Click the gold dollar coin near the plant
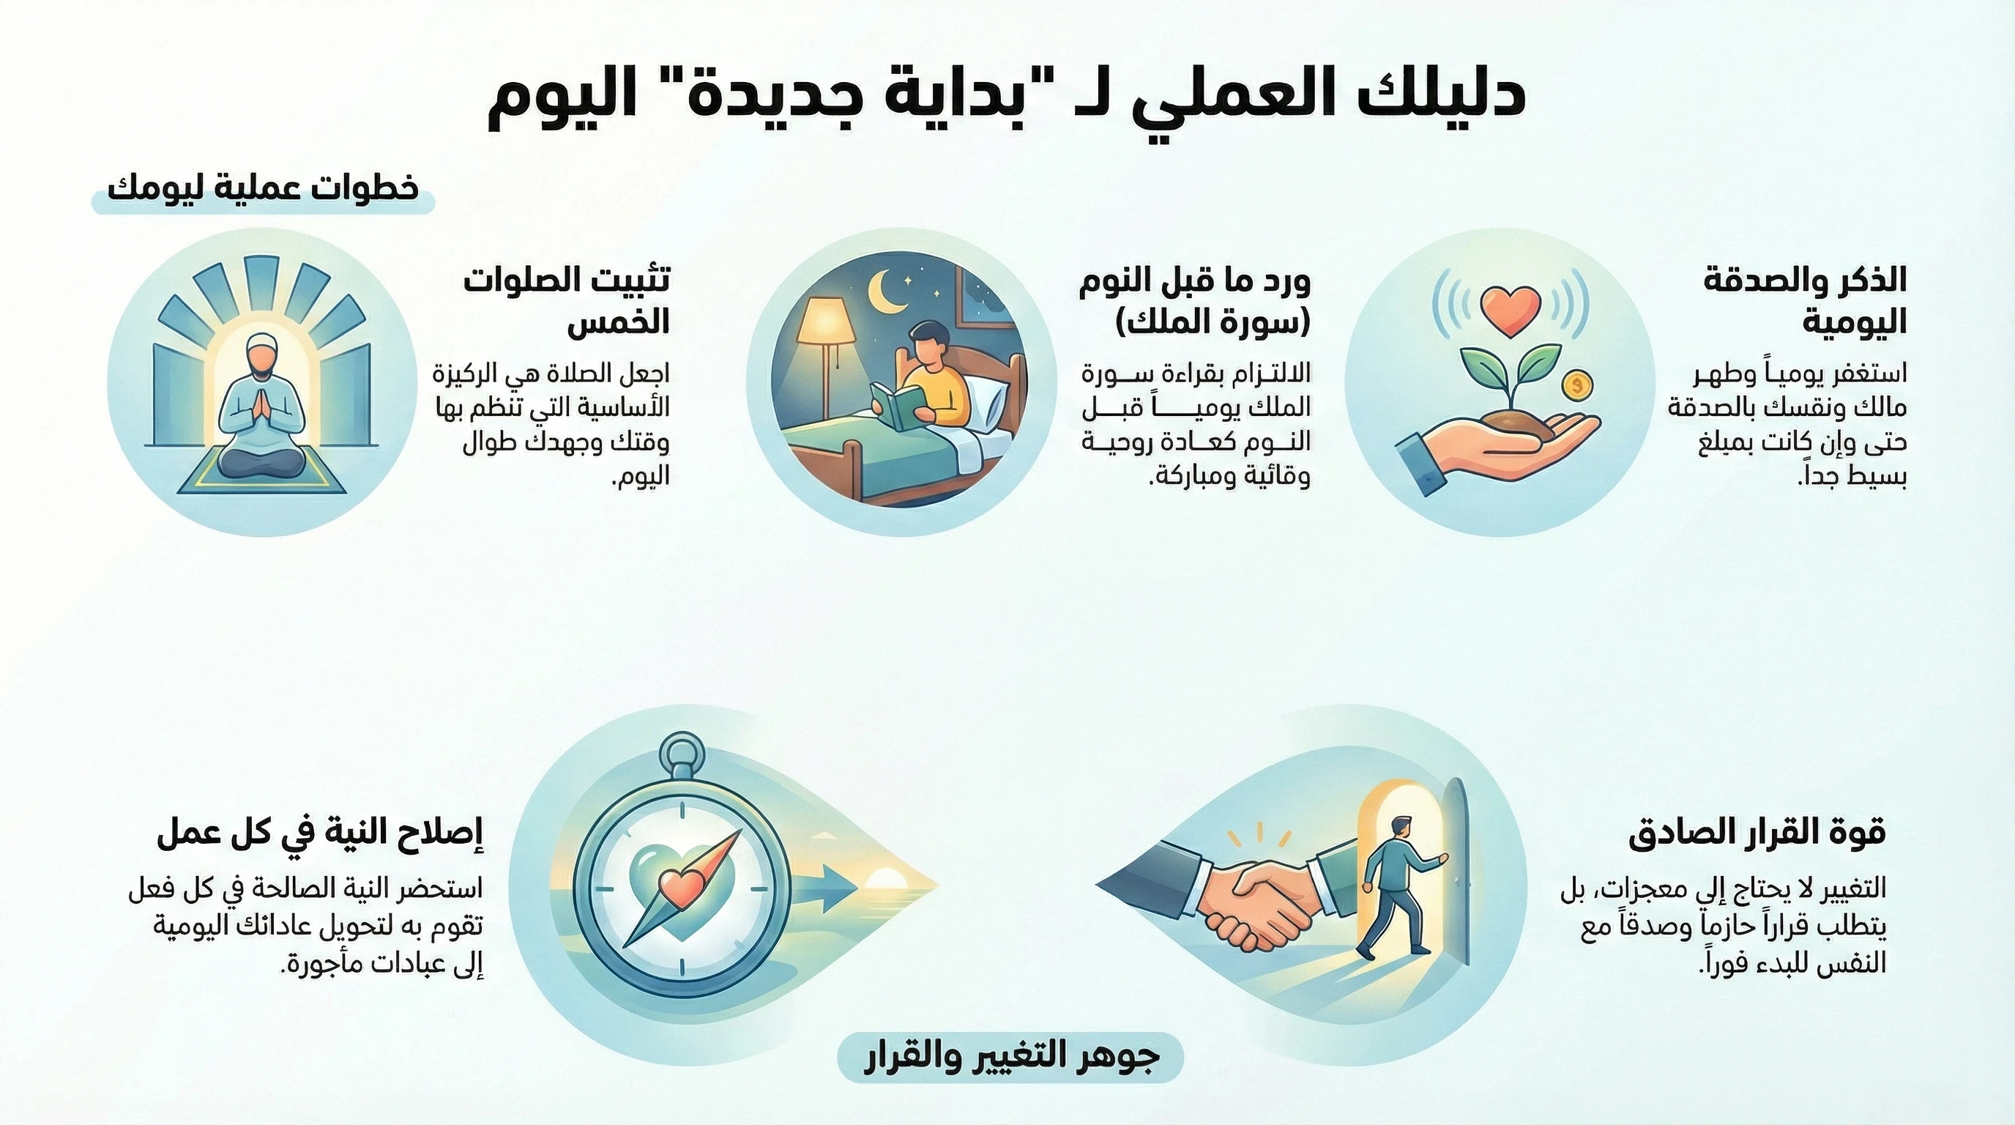[x=1577, y=385]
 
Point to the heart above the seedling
[x=1510, y=308]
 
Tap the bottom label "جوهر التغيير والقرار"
[x=1010, y=1057]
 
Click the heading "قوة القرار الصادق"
[x=1757, y=831]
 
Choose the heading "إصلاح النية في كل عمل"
[x=320, y=833]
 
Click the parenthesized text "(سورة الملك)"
[x=1213, y=322]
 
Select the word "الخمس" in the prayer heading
[x=618, y=322]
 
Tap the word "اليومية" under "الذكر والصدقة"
[x=1854, y=322]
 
